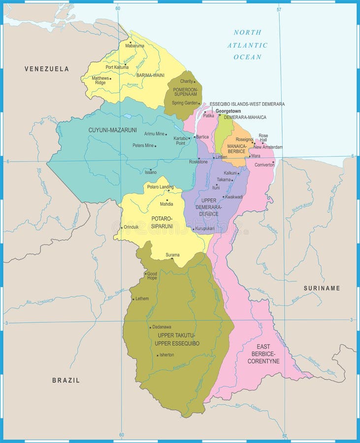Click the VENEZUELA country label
(x=47, y=69)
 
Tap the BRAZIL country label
(x=66, y=380)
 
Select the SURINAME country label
(x=322, y=288)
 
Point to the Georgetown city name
(x=228, y=111)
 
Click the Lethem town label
(x=142, y=298)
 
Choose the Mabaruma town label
(x=134, y=45)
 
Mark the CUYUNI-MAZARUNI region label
(x=112, y=130)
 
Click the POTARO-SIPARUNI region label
(x=162, y=221)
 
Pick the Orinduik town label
(x=131, y=227)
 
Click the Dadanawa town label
(x=162, y=327)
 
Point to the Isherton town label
(x=166, y=354)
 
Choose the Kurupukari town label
(x=205, y=228)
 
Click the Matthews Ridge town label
(x=100, y=80)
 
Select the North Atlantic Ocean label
(x=247, y=45)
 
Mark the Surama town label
(x=172, y=254)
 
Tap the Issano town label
(x=150, y=172)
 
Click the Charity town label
(x=186, y=81)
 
